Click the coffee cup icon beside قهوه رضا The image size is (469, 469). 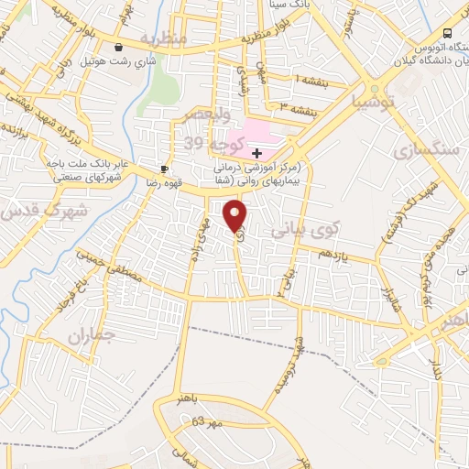tap(164, 169)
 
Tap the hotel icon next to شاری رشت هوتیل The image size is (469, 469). tap(118, 47)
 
